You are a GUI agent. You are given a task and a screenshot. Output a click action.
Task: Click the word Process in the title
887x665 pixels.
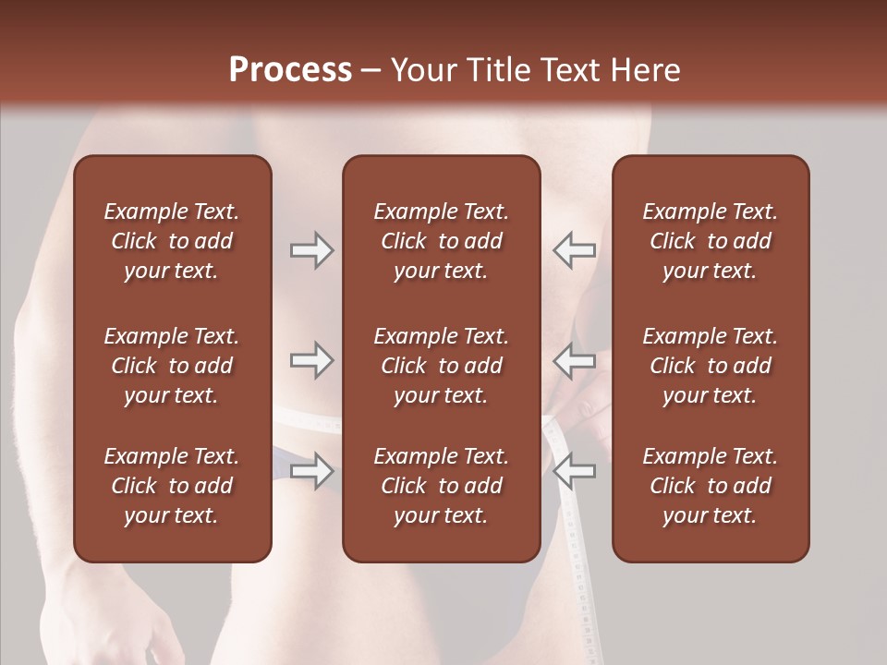(290, 70)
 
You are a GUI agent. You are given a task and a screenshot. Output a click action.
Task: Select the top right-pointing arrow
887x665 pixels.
(311, 249)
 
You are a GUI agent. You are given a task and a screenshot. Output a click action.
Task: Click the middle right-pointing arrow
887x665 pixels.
(311, 360)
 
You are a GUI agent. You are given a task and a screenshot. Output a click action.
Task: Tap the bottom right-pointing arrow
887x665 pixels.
(311, 471)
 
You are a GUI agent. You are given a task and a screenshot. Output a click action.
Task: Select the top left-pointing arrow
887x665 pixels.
(574, 249)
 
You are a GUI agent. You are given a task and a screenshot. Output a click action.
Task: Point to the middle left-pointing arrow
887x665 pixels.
(574, 360)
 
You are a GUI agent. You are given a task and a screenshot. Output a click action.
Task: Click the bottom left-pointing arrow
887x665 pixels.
(574, 471)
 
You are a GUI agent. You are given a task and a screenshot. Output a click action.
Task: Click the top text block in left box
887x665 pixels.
(172, 241)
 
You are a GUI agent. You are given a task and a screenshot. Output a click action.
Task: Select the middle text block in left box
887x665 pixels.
(172, 366)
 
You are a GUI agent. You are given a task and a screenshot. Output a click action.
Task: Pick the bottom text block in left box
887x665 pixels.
(172, 486)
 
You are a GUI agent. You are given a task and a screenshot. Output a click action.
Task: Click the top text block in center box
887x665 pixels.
(441, 241)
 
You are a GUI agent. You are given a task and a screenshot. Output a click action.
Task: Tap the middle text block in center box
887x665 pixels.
(441, 366)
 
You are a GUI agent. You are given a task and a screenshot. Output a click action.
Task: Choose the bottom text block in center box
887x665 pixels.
(441, 486)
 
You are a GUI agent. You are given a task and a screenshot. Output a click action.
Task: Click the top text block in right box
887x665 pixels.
(710, 241)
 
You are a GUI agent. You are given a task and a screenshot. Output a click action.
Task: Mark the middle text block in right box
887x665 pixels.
(710, 366)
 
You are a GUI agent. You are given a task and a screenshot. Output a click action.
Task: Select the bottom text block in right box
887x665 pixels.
(710, 486)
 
